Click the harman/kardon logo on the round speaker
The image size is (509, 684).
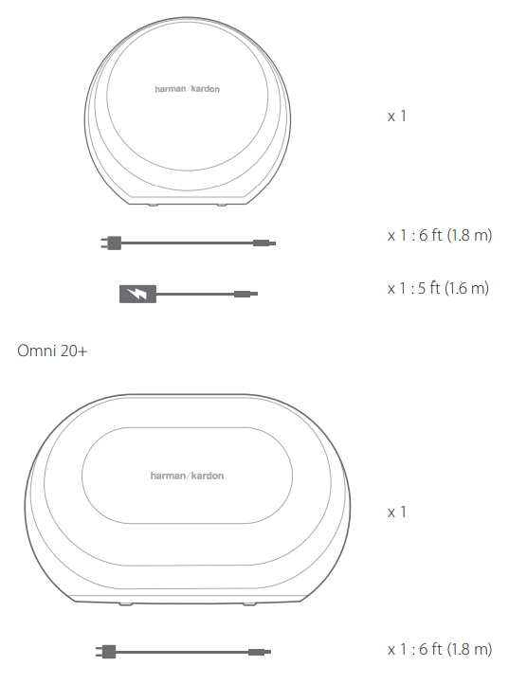pos(188,89)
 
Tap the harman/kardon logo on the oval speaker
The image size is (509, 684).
pos(187,476)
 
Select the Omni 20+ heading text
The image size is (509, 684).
pos(52,351)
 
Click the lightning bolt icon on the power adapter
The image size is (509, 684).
pos(138,294)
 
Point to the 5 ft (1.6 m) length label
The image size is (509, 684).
pos(454,288)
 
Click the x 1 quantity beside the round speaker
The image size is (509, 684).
pos(397,116)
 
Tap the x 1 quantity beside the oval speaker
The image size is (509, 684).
pos(397,512)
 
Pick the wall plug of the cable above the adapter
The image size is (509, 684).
pos(111,243)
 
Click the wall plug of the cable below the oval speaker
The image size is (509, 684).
pos(105,652)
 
